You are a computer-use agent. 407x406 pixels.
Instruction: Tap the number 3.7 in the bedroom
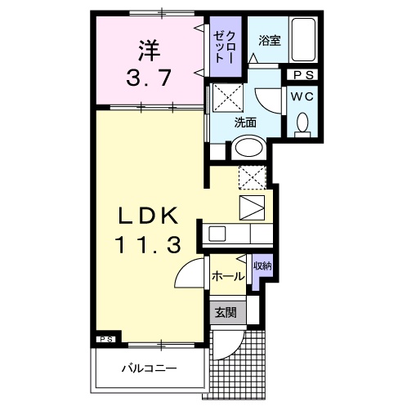(148, 79)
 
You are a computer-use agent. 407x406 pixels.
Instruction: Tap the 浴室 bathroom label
(270, 40)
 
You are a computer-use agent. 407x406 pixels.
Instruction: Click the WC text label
(301, 96)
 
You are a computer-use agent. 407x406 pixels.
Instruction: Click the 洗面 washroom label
(246, 123)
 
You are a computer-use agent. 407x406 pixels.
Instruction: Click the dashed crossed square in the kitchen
(250, 176)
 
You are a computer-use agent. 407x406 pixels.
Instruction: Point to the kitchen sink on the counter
(218, 234)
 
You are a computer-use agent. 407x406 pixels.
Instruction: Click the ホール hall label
(227, 276)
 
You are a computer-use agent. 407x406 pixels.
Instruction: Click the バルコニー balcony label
(150, 369)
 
